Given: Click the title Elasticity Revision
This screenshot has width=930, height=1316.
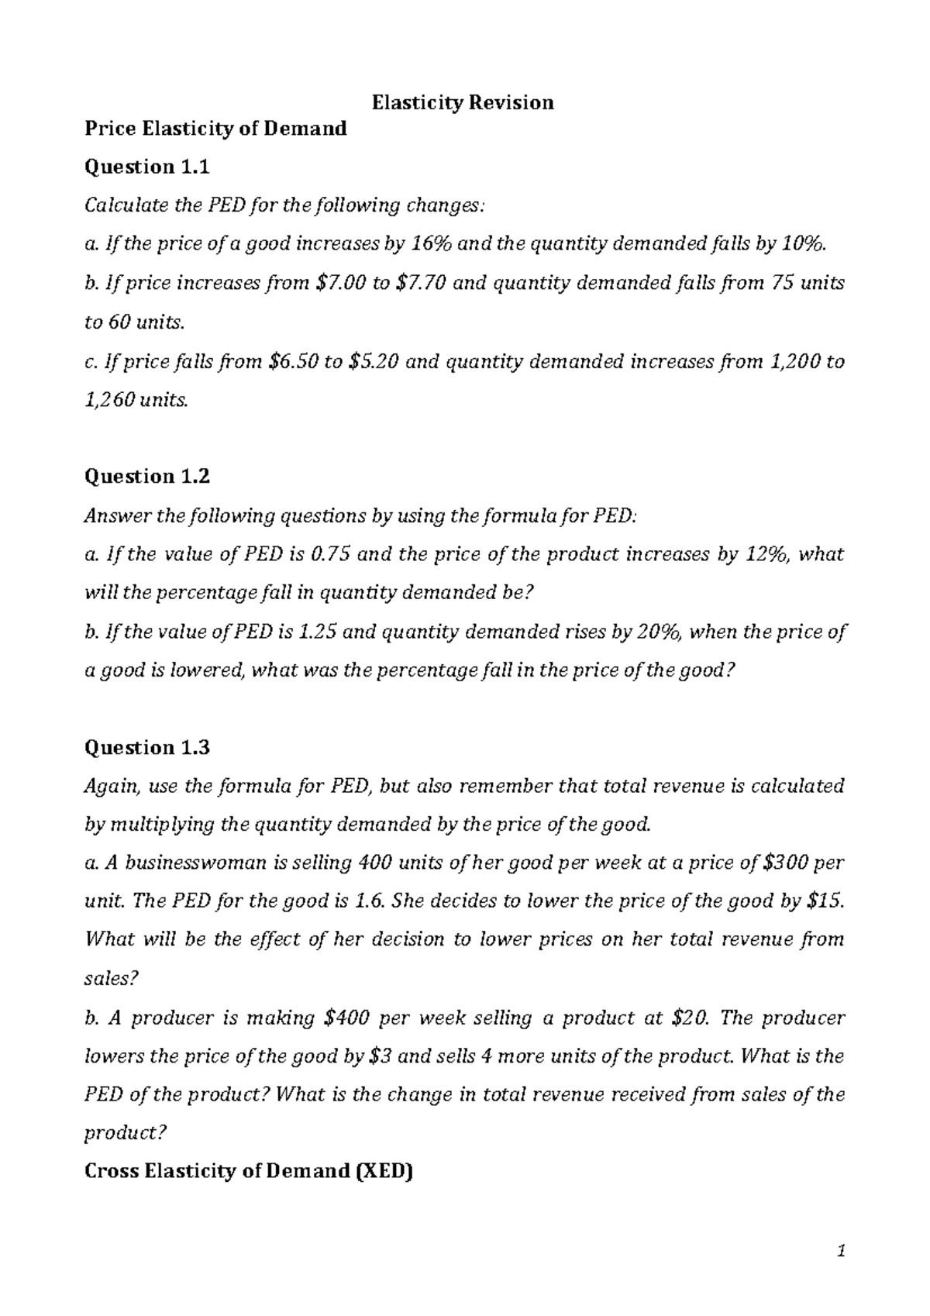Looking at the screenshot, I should (x=463, y=102).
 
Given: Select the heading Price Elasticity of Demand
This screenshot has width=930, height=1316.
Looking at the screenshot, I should (x=215, y=128).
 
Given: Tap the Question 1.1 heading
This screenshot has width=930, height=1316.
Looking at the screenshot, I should (x=146, y=167).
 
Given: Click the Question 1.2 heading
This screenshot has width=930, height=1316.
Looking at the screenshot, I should (x=146, y=476).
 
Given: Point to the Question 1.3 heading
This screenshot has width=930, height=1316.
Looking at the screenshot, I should (x=146, y=747).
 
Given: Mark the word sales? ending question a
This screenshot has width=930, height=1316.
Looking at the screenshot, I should (x=110, y=979).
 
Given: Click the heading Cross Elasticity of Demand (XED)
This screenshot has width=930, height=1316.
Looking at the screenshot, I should (x=248, y=1171).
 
